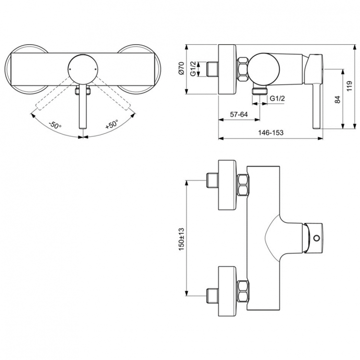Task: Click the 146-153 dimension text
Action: click(269, 132)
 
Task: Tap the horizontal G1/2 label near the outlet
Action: click(277, 98)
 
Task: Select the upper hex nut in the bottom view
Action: click(243, 185)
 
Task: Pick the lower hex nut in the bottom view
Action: click(243, 289)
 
